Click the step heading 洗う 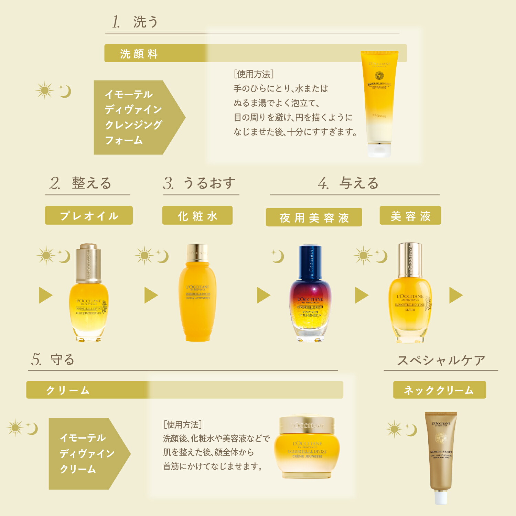[145, 22]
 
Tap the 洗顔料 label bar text [139, 54]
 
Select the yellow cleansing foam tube [379, 100]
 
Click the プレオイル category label [89, 216]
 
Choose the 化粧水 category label [197, 216]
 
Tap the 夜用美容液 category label [314, 217]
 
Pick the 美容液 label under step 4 [410, 216]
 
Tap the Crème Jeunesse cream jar [307, 447]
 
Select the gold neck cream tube [441, 454]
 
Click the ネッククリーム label [439, 390]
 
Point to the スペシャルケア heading [441, 360]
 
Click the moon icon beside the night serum [278, 257]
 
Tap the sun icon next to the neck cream [394, 429]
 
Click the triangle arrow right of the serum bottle [456, 295]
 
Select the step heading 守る [62, 359]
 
